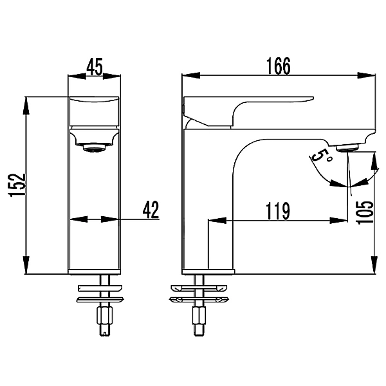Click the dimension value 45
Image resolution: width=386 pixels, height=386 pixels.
click(x=95, y=67)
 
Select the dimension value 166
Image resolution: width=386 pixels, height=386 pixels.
click(x=279, y=66)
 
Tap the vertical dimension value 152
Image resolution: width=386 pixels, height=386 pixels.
click(x=17, y=185)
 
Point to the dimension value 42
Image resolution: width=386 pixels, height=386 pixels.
click(x=151, y=210)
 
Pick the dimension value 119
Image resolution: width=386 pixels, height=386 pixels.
click(x=278, y=211)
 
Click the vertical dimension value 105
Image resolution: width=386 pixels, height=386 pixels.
click(x=365, y=212)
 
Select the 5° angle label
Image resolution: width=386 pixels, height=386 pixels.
click(x=322, y=157)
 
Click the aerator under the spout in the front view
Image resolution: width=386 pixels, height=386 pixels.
click(x=95, y=149)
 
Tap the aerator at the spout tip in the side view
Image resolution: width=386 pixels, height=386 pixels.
click(x=347, y=148)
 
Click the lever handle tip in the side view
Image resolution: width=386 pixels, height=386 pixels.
click(x=311, y=98)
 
